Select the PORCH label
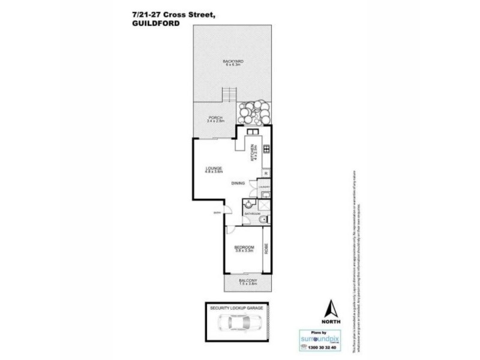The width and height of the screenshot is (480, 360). coord(215,118)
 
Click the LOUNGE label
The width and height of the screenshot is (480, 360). coord(214,168)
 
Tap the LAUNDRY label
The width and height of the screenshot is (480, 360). coord(265,187)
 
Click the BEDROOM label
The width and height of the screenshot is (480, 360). coord(245,247)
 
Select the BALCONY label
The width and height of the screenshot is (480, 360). coord(248,282)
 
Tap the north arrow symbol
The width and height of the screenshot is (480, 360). coord(329,310)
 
